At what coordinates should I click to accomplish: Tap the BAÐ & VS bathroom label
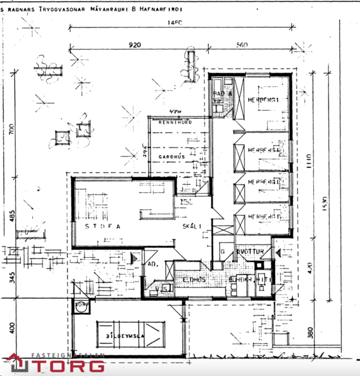click(219, 97)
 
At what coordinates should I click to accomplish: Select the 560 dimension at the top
click(243, 45)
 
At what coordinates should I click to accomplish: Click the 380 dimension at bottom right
click(310, 332)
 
